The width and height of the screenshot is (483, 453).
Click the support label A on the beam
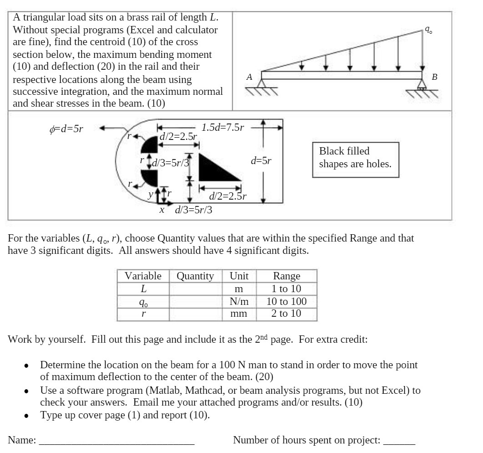point(249,77)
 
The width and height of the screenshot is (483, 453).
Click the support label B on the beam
point(434,77)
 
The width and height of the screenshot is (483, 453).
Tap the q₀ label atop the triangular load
point(428,30)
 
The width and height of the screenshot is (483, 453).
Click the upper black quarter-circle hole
point(150,144)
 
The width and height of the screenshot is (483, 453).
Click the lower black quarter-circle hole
point(150,177)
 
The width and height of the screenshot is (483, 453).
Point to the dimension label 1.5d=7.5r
point(223,127)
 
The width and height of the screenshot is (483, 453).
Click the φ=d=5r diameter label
point(66,129)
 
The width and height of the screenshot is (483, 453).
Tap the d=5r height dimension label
point(261,160)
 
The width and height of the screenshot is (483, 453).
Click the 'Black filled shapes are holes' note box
point(355,158)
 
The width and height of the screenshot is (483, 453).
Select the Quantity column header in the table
point(195,276)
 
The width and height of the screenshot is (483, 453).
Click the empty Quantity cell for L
point(195,289)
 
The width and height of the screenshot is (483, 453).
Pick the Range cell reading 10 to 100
point(286,301)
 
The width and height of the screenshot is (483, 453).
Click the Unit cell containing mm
point(239,314)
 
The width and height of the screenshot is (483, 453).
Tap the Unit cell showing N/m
point(239,301)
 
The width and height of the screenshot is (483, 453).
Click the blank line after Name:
point(117,441)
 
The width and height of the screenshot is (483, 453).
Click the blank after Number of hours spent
point(399,441)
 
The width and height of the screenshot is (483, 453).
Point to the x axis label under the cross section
point(162,210)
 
